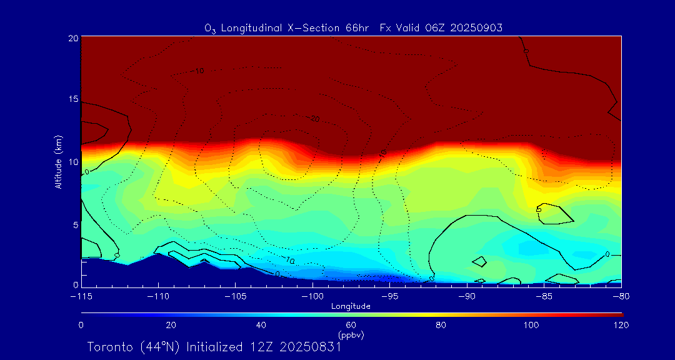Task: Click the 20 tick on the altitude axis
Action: point(72,38)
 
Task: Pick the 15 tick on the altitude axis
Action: point(72,99)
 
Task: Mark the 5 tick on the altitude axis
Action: point(75,224)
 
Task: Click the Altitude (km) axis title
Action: point(58,162)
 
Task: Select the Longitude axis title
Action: point(351,306)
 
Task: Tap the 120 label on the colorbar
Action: point(621,325)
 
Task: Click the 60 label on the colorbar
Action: point(351,325)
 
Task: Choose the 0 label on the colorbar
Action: point(81,325)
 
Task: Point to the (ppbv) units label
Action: point(351,335)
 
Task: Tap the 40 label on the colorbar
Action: point(261,325)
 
